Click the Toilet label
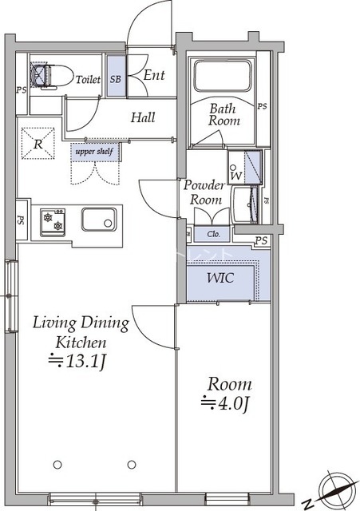coord(88,79)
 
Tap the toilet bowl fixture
coord(51,76)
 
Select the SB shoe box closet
coord(116,77)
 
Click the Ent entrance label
coord(154,75)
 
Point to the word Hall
coord(143,117)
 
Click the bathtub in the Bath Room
coord(223,76)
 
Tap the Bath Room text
coord(224,114)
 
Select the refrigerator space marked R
coord(38,144)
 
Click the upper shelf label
coord(94,152)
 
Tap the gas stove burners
coord(53,221)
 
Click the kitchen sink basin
coord(99,220)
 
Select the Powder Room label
coord(204,192)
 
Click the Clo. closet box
coord(212,234)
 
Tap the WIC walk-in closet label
coord(220,278)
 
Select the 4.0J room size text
coord(225,403)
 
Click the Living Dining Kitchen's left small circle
coord(57,465)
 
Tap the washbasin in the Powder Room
coord(244,205)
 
